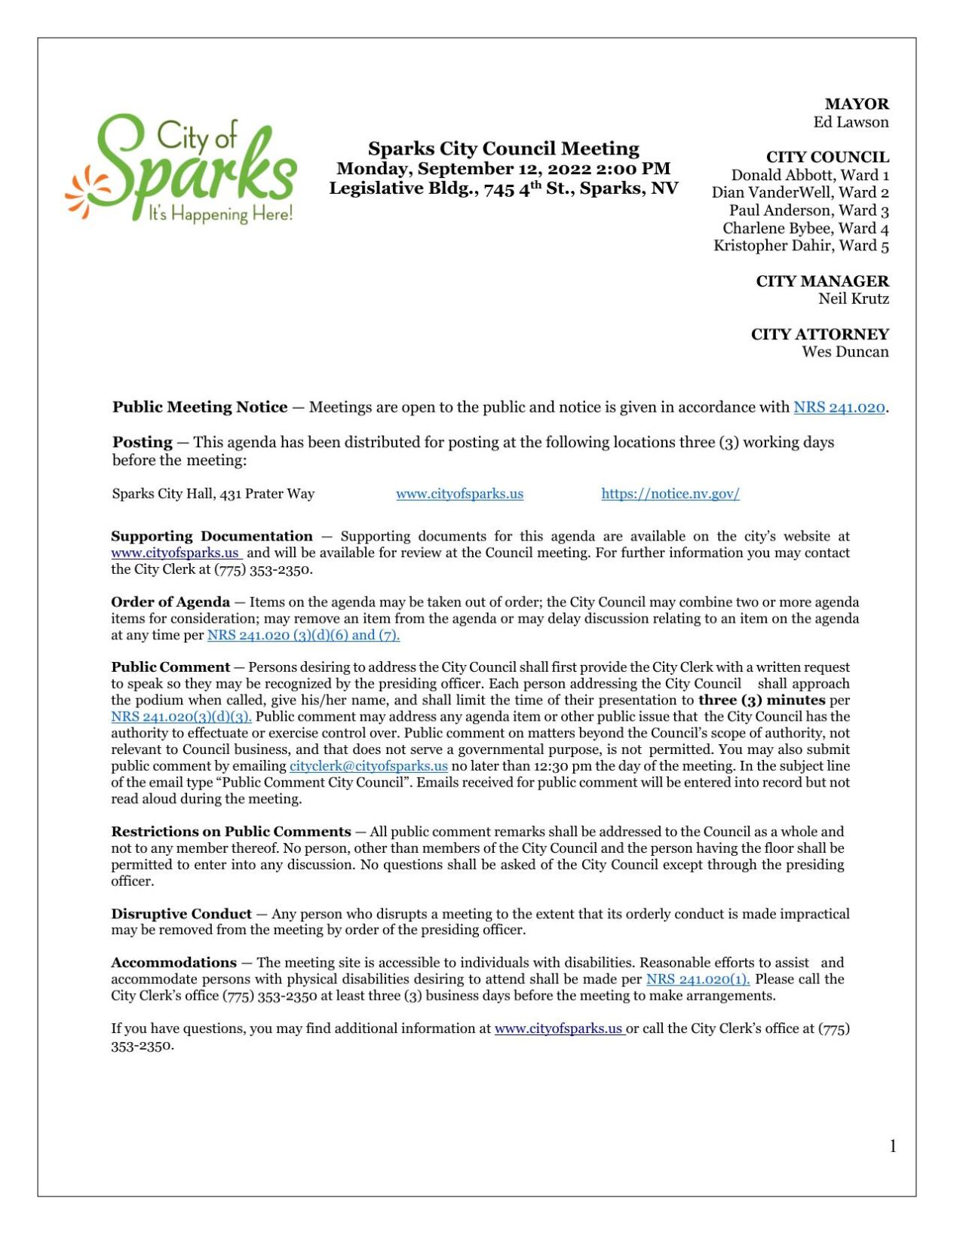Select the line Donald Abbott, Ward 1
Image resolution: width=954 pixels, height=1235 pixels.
[809, 175]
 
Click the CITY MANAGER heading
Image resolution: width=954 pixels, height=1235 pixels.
[821, 281]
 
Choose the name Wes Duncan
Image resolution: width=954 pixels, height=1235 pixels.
[845, 352]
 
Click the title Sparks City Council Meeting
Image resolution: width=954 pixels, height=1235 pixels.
[503, 149]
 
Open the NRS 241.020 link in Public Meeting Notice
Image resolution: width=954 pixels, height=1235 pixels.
[839, 408]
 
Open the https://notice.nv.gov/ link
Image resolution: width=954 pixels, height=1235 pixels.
[670, 494]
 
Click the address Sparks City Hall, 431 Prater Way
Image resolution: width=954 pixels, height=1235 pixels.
[213, 494]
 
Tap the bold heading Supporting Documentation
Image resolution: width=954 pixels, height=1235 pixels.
[212, 536]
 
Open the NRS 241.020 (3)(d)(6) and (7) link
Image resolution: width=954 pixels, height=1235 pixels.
[303, 635]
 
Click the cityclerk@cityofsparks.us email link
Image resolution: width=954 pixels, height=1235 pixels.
[368, 766]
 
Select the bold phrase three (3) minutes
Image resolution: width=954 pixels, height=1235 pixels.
[761, 700]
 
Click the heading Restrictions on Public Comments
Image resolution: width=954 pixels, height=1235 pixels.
[231, 832]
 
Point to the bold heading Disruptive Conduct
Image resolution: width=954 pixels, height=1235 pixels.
[181, 914]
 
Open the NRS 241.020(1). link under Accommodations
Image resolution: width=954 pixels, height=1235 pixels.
[698, 979]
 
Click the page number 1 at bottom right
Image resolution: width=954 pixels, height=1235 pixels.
[892, 1147]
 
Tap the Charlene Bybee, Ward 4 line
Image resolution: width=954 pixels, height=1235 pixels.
[805, 228]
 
